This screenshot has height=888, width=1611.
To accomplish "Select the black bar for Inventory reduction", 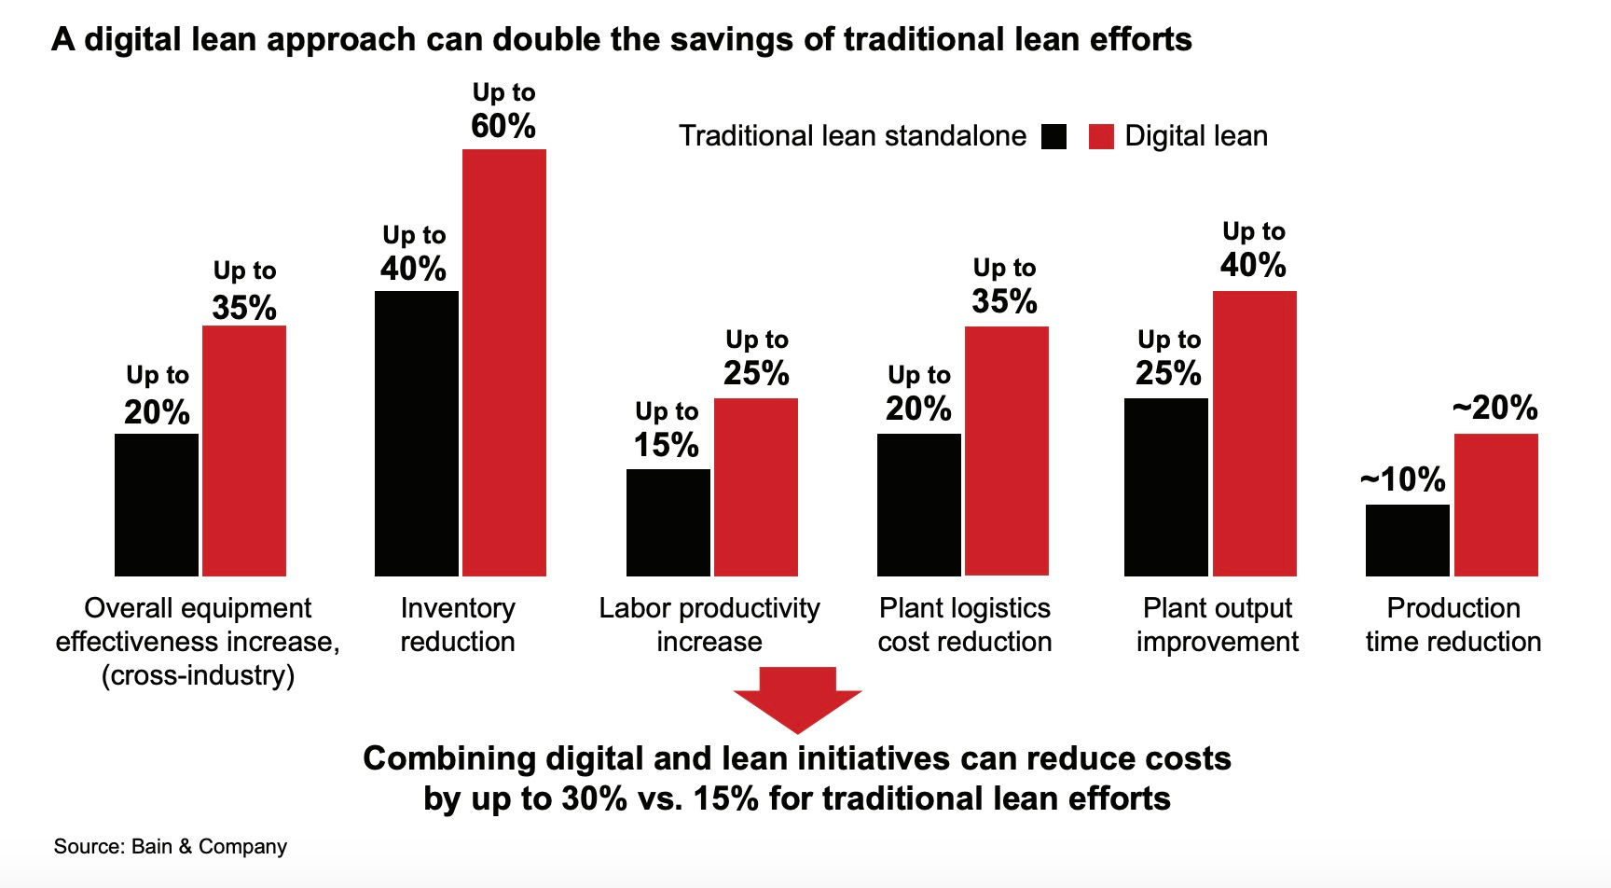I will [416, 433].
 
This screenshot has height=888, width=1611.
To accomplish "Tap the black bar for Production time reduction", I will [1407, 540].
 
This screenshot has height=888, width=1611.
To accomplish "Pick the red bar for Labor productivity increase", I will [755, 487].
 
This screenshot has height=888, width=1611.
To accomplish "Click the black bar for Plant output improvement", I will [1165, 487].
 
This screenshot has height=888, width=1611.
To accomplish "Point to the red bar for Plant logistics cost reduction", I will [1006, 451].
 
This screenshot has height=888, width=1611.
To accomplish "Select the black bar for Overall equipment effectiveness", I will [156, 505].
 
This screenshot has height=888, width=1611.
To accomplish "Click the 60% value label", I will [503, 126].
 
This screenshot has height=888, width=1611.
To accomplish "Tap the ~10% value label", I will [1403, 479].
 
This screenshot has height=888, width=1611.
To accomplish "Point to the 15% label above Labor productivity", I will [666, 445].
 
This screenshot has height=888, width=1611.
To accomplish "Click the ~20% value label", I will [1494, 408].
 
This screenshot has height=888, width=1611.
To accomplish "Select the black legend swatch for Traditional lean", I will [1053, 136].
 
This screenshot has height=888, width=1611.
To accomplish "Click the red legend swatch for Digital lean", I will [1101, 136].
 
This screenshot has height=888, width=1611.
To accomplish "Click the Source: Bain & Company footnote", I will [171, 846].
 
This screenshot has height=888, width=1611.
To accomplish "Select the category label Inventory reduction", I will [458, 624].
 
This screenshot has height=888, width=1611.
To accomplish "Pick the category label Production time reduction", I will [1453, 624].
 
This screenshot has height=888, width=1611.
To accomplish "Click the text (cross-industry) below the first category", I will [198, 675].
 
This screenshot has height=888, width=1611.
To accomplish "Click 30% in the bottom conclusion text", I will [594, 798].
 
